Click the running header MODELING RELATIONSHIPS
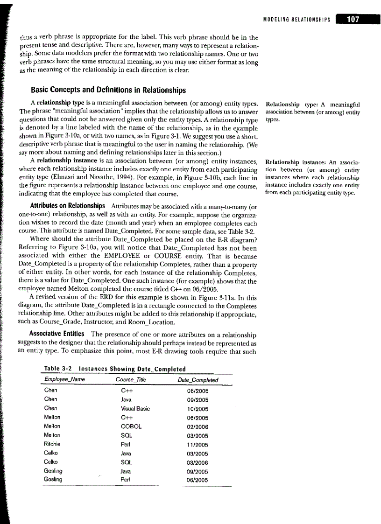point(297,20)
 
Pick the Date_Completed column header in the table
point(198,380)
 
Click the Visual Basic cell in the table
point(135,409)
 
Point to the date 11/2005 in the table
point(199,445)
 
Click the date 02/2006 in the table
point(199,427)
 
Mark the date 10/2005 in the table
point(199,409)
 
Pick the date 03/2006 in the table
point(199,462)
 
